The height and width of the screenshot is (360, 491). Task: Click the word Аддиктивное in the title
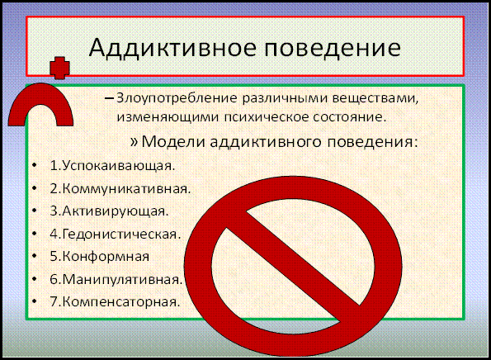pyautogui.click(x=172, y=48)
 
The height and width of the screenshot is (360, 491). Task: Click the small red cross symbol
pyautogui.click(x=59, y=68)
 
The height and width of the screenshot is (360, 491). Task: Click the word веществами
pyautogui.click(x=375, y=98)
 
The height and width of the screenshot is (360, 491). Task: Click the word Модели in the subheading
pyautogui.click(x=173, y=142)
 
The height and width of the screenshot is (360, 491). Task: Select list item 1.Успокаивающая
pyautogui.click(x=112, y=166)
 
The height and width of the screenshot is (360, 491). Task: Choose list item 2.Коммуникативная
pyautogui.click(x=120, y=188)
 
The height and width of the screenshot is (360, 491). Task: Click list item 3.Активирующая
pyautogui.click(x=109, y=211)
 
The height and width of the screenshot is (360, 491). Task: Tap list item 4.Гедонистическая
pyautogui.click(x=116, y=234)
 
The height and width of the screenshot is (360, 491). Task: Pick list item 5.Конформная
pyautogui.click(x=100, y=257)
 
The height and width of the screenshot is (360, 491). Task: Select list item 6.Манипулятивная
pyautogui.click(x=116, y=279)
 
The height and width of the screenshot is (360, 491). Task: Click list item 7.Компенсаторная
pyautogui.click(x=115, y=301)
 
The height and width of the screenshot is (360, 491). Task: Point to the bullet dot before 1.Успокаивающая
pyautogui.click(x=35, y=165)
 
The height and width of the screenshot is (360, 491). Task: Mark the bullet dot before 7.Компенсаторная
pyautogui.click(x=35, y=301)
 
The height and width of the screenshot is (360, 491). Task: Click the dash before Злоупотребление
pyautogui.click(x=109, y=99)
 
